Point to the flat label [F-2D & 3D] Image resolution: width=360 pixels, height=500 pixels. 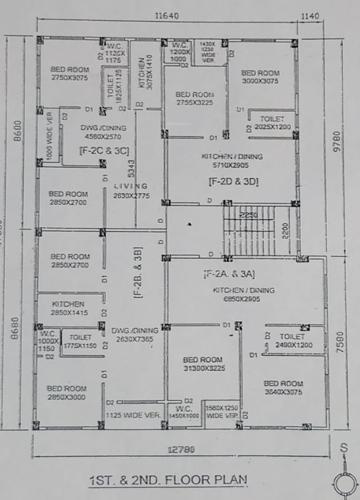[233, 181]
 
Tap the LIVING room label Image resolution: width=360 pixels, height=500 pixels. [127, 186]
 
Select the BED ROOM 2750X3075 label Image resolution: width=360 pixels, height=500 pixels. [70, 72]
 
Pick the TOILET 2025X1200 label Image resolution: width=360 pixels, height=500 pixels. [271, 123]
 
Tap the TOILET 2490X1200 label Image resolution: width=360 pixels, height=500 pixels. [292, 340]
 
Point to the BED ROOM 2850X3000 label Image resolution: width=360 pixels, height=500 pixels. [69, 392]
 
